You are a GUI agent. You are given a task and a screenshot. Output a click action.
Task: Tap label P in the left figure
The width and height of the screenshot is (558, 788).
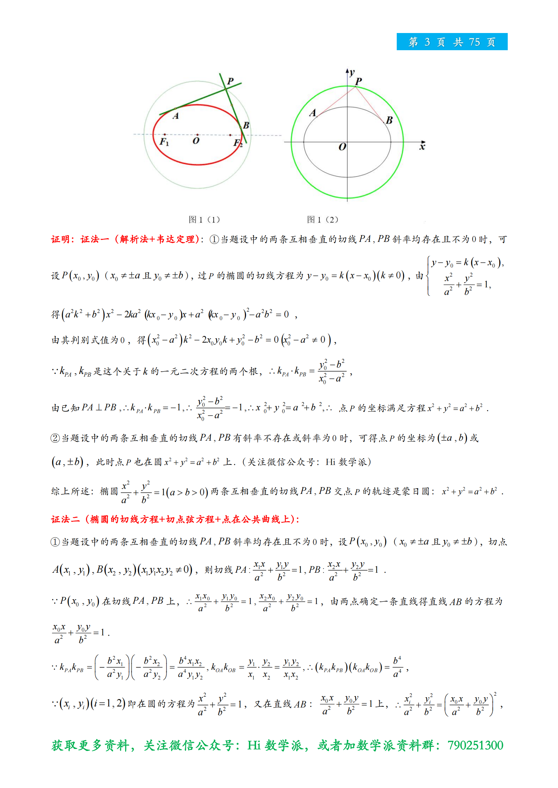click(x=230, y=81)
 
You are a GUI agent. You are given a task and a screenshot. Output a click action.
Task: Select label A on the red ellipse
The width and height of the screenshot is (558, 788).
click(x=175, y=116)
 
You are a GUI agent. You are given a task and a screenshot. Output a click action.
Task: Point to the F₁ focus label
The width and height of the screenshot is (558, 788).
click(x=164, y=141)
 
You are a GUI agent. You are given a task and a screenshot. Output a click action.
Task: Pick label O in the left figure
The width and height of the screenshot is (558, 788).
click(x=196, y=141)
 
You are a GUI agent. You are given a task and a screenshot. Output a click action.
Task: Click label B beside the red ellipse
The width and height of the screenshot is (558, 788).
click(x=246, y=125)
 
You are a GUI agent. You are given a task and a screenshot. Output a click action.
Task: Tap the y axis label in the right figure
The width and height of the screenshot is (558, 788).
click(x=352, y=72)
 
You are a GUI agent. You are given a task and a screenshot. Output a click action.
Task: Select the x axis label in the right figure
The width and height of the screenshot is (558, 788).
click(x=422, y=147)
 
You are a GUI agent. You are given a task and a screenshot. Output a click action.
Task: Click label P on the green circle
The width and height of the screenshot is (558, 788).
click(x=358, y=81)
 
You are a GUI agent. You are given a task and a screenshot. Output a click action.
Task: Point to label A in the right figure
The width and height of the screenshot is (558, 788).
click(x=313, y=113)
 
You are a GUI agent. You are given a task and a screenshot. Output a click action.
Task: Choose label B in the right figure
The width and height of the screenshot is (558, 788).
click(x=389, y=120)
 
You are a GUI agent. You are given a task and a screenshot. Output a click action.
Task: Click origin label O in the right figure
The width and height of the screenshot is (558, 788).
click(x=342, y=147)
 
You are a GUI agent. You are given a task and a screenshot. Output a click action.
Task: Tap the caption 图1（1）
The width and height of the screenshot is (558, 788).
click(x=204, y=220)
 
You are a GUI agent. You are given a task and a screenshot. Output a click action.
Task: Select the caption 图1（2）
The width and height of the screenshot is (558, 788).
click(x=322, y=220)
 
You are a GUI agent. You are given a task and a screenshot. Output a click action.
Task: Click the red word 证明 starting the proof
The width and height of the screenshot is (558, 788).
click(x=60, y=239)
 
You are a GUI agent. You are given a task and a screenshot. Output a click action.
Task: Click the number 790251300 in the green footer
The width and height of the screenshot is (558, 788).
click(x=475, y=745)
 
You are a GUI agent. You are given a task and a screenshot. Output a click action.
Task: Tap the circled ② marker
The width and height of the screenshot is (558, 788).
click(x=55, y=438)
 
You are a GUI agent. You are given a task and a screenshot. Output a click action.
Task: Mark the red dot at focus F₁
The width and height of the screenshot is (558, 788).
click(x=165, y=134)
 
